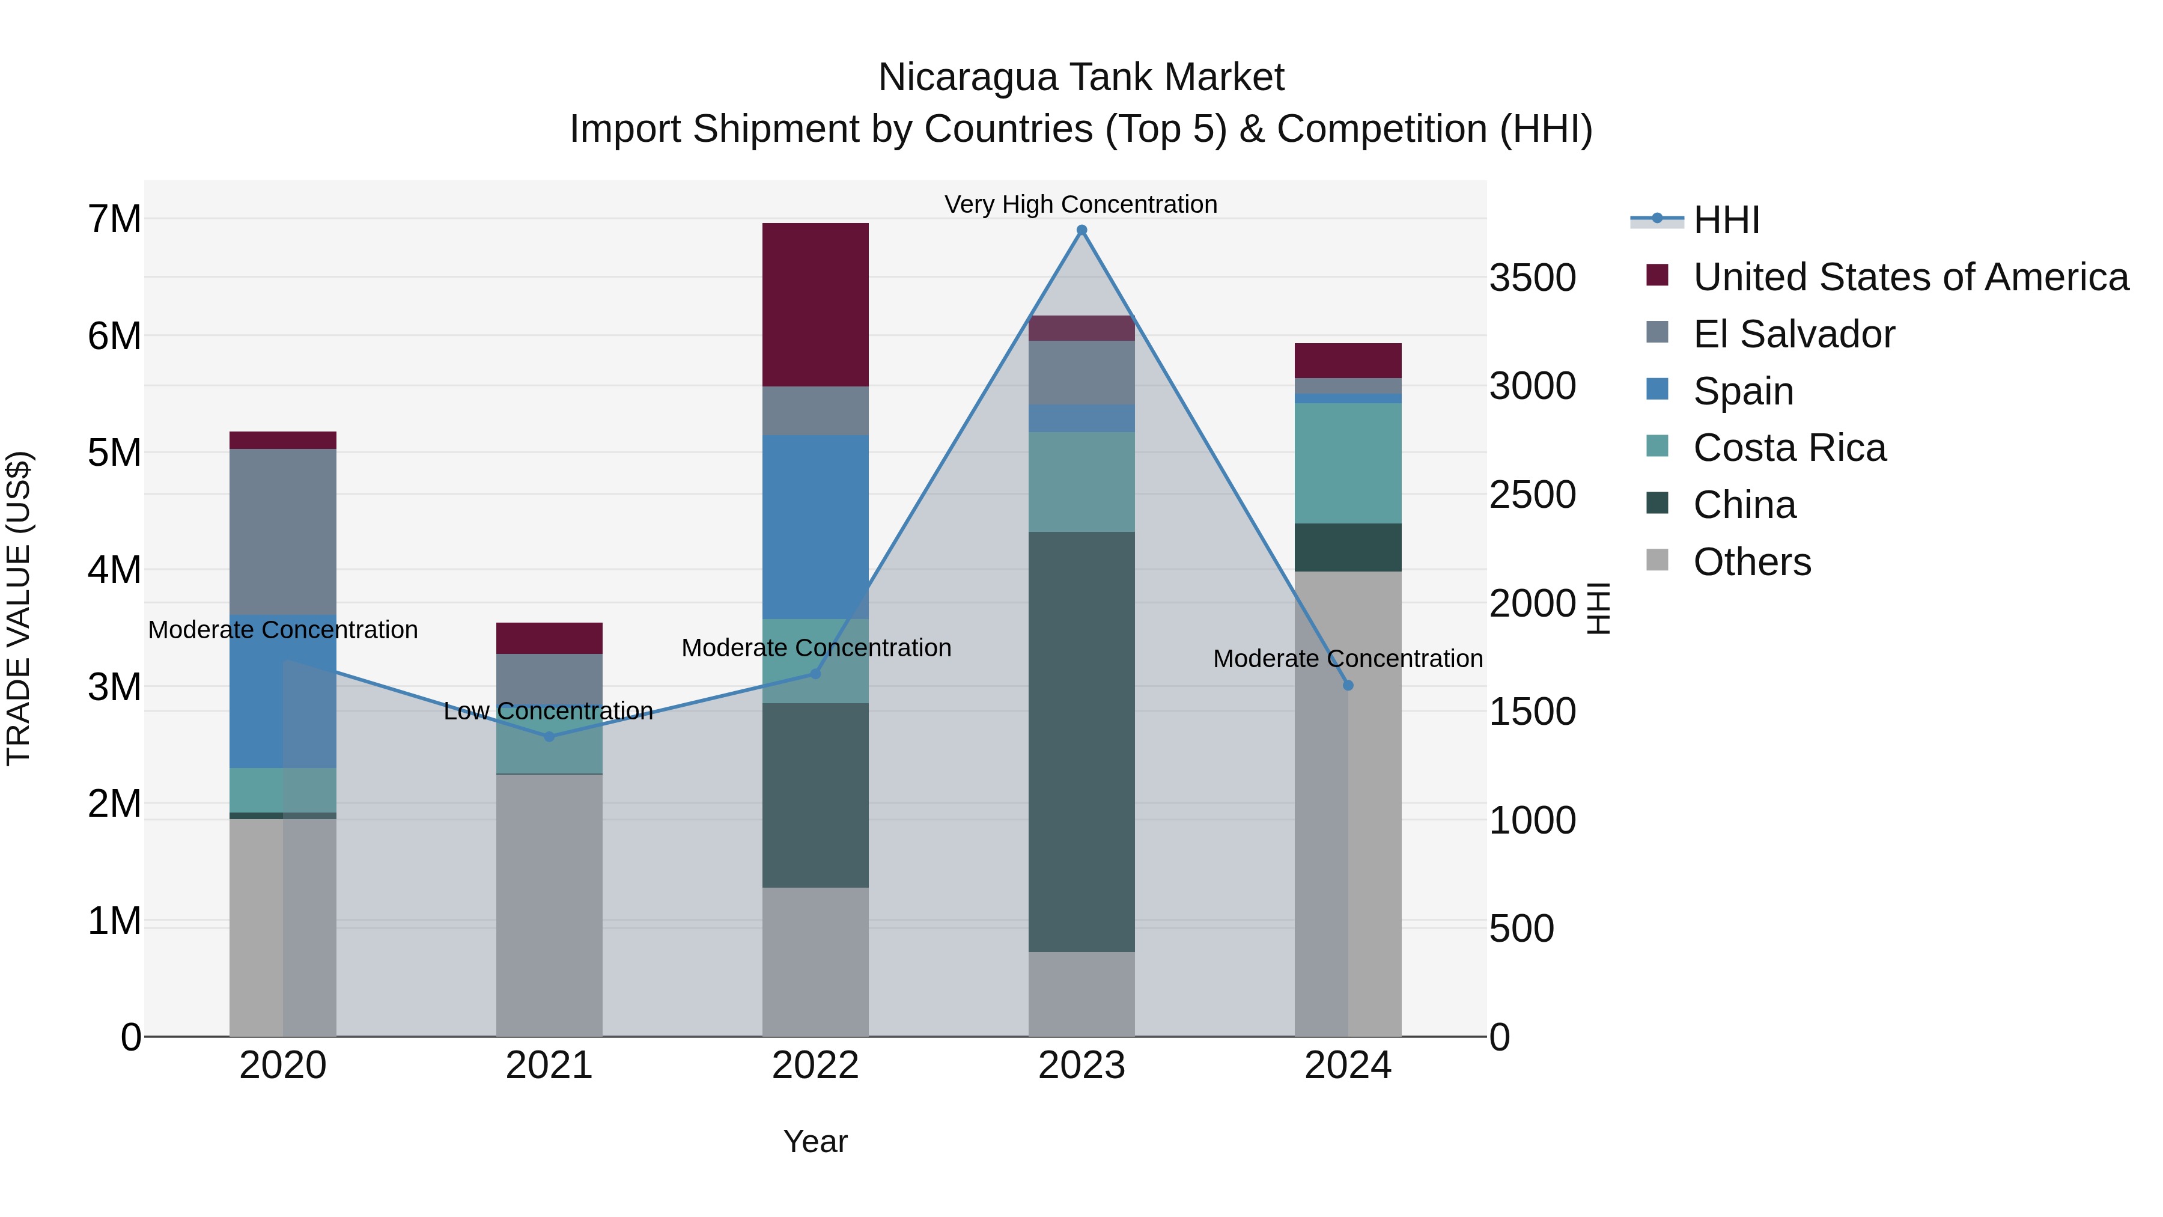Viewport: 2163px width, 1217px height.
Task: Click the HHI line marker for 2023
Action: click(x=1081, y=230)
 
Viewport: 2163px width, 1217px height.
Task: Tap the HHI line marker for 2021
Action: click(x=549, y=737)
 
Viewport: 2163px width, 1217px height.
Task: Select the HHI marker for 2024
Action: click(x=1348, y=685)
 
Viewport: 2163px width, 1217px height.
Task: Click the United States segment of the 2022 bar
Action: click(x=815, y=304)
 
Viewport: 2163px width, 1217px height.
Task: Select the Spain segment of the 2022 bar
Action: click(x=815, y=526)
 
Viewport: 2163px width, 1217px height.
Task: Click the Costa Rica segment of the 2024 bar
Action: click(x=1348, y=463)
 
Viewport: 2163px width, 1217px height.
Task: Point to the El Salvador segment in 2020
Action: click(x=282, y=532)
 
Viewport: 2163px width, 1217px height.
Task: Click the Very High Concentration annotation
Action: click(x=1081, y=204)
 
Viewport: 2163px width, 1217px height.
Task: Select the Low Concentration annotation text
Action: click(x=549, y=712)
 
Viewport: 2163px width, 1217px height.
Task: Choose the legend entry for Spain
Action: click(x=1742, y=391)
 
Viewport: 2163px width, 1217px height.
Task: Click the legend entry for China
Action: click(x=1744, y=505)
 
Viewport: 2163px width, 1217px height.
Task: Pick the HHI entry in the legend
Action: click(x=1726, y=220)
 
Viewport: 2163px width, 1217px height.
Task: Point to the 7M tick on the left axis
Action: click(x=115, y=219)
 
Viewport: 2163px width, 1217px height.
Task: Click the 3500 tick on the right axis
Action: click(x=1532, y=278)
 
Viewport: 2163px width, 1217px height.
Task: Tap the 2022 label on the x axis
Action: click(x=815, y=1066)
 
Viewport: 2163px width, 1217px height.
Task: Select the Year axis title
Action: click(x=815, y=1141)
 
